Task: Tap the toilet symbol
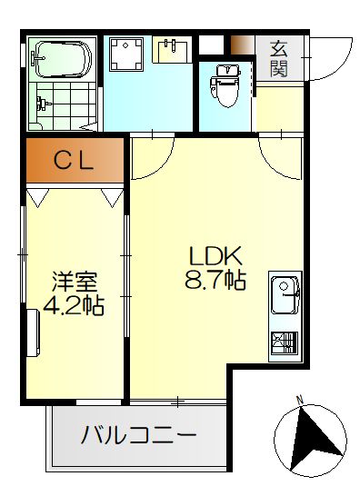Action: point(225,84)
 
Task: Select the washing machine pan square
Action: point(126,54)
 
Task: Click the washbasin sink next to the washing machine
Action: point(172,49)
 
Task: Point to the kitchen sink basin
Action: point(285,295)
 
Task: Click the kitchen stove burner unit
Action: point(285,342)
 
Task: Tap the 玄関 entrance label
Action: point(278,59)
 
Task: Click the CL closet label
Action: point(73,161)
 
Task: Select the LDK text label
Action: point(215,256)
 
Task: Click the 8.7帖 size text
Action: point(215,281)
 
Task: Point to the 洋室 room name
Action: point(75,282)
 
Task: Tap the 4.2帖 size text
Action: point(74,305)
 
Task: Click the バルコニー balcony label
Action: point(139,435)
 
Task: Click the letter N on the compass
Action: point(299,400)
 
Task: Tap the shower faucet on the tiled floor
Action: point(43,104)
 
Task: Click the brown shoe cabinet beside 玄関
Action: point(243,45)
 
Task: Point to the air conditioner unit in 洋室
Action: point(33,332)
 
